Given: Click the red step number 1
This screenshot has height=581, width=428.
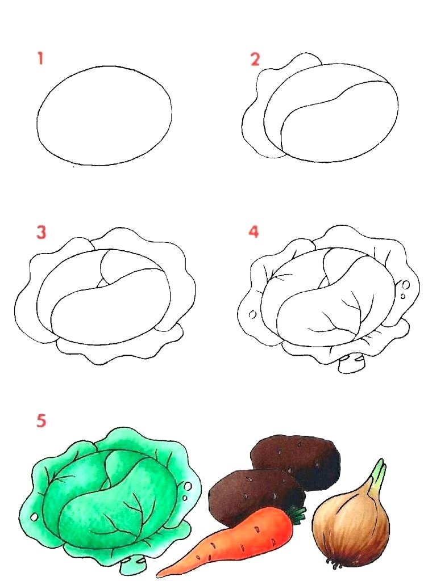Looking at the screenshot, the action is pyautogui.click(x=40, y=58).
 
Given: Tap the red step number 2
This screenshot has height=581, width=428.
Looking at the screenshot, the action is pyautogui.click(x=255, y=59).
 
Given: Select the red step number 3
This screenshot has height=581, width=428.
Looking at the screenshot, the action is pyautogui.click(x=41, y=232).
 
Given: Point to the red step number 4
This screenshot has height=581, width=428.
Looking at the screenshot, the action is pyautogui.click(x=254, y=231).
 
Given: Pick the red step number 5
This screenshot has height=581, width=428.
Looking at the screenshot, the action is pyautogui.click(x=41, y=421).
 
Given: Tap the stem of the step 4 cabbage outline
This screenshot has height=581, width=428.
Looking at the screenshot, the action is pyautogui.click(x=350, y=363).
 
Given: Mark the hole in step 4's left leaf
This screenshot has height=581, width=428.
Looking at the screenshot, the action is pyautogui.click(x=253, y=314).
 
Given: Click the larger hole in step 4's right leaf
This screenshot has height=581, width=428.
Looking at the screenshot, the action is pyautogui.click(x=406, y=285).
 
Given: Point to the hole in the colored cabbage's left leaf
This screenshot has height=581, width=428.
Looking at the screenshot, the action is pyautogui.click(x=35, y=516).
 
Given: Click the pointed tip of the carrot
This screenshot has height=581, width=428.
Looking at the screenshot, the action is pyautogui.click(x=159, y=575).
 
